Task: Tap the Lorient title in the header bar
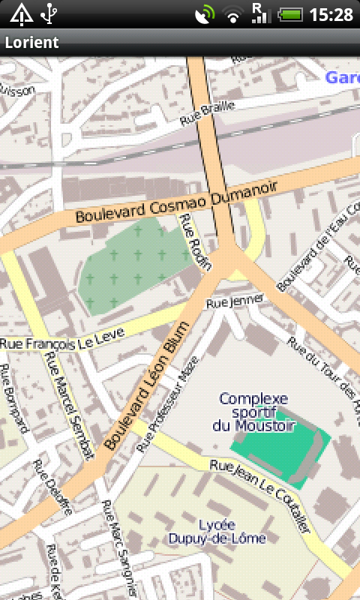click(x=31, y=43)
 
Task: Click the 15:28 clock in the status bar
click(x=330, y=14)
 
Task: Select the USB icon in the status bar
click(x=49, y=13)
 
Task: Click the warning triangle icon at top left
click(x=20, y=13)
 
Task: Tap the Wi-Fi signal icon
click(x=234, y=14)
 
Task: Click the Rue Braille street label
click(x=208, y=113)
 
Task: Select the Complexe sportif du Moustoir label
click(x=253, y=412)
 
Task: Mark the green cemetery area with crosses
click(x=131, y=266)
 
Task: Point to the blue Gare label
click(x=342, y=77)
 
